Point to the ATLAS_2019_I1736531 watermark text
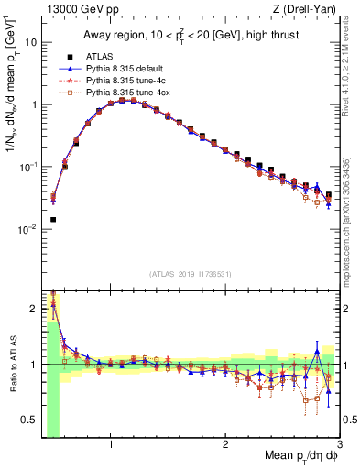190,273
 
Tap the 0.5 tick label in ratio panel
29,420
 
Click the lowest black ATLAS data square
53,220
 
